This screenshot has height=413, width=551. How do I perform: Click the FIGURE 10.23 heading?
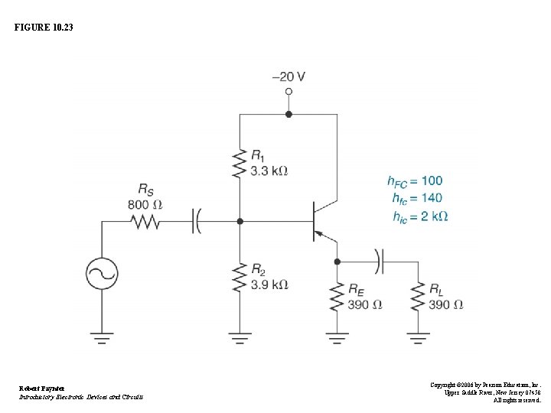point(44,28)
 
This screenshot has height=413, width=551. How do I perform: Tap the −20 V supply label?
point(289,76)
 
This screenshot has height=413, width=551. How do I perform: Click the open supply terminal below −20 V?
point(289,92)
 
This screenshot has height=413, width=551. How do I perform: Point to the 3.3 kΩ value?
point(269,171)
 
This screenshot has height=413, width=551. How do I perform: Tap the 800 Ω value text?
point(145,204)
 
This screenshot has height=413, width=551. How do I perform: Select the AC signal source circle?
point(102,272)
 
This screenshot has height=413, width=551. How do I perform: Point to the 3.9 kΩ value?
point(269,285)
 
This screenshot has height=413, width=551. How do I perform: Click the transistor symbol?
point(321,221)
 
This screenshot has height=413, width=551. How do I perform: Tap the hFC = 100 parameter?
point(414,181)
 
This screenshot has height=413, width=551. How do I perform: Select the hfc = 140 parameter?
point(414,198)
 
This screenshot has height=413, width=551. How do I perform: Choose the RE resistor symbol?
point(337,297)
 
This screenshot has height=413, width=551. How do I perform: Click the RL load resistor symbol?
point(418,297)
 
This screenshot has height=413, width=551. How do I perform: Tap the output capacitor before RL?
point(379,261)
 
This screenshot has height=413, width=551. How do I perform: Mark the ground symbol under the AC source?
point(102,336)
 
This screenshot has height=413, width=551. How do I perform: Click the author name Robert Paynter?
point(42,389)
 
